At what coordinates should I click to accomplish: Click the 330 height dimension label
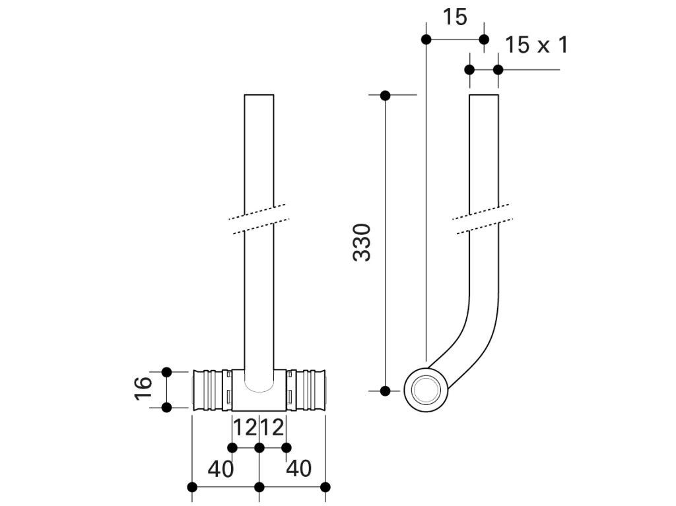click(x=361, y=242)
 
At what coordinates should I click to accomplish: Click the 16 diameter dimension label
click(x=143, y=389)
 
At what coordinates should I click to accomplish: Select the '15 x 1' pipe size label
click(x=536, y=45)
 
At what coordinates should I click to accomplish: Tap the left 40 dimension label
click(x=220, y=468)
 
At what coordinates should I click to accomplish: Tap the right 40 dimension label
click(x=299, y=468)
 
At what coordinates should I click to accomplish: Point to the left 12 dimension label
click(x=245, y=427)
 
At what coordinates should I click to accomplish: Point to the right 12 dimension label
click(x=273, y=427)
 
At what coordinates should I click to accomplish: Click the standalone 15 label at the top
click(x=455, y=17)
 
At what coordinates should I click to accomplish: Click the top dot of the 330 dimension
click(x=385, y=95)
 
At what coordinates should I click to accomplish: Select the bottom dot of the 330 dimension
click(x=385, y=391)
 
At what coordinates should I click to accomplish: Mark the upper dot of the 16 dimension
click(x=166, y=371)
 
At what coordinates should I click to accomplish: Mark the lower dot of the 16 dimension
click(x=166, y=407)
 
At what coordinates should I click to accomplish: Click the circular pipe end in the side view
click(x=426, y=390)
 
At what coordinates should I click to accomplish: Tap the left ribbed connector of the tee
click(x=212, y=390)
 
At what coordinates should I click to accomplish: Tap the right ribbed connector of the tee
click(x=306, y=390)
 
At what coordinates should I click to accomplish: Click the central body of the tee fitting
click(x=259, y=390)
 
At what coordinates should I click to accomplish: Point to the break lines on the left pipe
click(x=259, y=220)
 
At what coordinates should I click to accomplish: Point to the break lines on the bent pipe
click(x=483, y=219)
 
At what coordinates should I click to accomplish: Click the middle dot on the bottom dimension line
click(x=259, y=487)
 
